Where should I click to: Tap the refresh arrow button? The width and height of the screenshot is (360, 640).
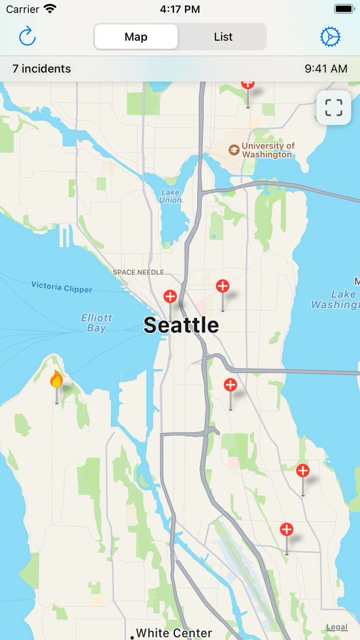(27, 37)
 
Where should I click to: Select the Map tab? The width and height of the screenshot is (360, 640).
(136, 37)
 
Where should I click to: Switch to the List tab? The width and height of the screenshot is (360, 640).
(223, 37)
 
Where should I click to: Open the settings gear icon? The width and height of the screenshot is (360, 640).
(330, 37)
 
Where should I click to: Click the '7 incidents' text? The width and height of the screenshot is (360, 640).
(42, 68)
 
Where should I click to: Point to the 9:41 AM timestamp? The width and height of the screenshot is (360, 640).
(326, 68)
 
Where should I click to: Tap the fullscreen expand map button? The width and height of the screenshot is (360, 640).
(333, 108)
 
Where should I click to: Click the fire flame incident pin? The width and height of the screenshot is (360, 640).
(56, 380)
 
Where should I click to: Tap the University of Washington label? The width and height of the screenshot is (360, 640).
(268, 150)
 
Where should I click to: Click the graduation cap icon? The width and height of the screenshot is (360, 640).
(234, 150)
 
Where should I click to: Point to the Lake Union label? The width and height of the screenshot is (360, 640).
(170, 197)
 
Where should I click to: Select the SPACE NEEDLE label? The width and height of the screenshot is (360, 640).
(138, 272)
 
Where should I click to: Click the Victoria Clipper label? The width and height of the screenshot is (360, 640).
(62, 287)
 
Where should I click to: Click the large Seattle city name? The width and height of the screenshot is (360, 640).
(181, 325)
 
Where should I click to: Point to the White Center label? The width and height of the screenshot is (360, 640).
(173, 633)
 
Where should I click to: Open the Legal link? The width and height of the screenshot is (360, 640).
(337, 627)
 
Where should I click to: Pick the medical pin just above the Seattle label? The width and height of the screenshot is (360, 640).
(170, 297)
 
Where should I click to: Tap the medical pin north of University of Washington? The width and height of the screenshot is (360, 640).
(248, 84)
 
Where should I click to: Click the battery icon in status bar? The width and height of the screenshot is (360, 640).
(344, 9)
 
